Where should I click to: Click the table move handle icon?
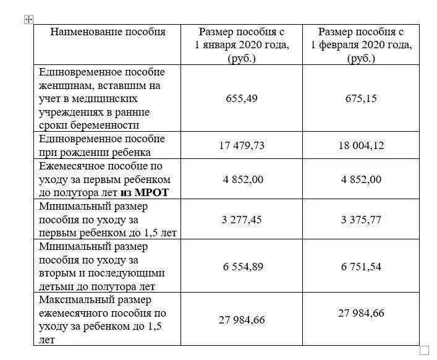28,19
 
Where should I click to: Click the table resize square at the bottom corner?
424,350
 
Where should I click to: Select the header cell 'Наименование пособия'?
108,32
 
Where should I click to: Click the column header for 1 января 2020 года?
242,45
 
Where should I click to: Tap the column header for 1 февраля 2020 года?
361,45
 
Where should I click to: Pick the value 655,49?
241,98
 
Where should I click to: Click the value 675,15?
361,98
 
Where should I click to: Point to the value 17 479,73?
241,145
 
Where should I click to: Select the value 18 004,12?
361,145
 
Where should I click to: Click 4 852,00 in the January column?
241,179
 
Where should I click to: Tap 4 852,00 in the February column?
361,179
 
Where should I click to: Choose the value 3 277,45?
241,219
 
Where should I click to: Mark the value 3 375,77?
361,219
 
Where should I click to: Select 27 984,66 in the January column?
241,319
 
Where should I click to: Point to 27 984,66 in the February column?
361,312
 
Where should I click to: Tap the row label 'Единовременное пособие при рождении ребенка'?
101,145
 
